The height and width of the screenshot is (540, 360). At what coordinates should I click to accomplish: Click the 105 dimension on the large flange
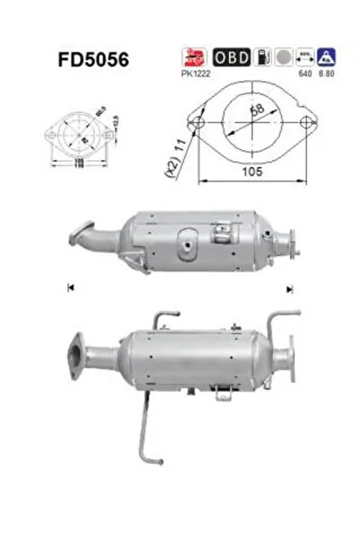[x=253, y=170]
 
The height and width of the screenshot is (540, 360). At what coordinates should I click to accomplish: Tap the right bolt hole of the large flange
[x=307, y=120]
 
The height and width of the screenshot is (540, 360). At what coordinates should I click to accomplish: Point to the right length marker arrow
[x=289, y=288]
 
